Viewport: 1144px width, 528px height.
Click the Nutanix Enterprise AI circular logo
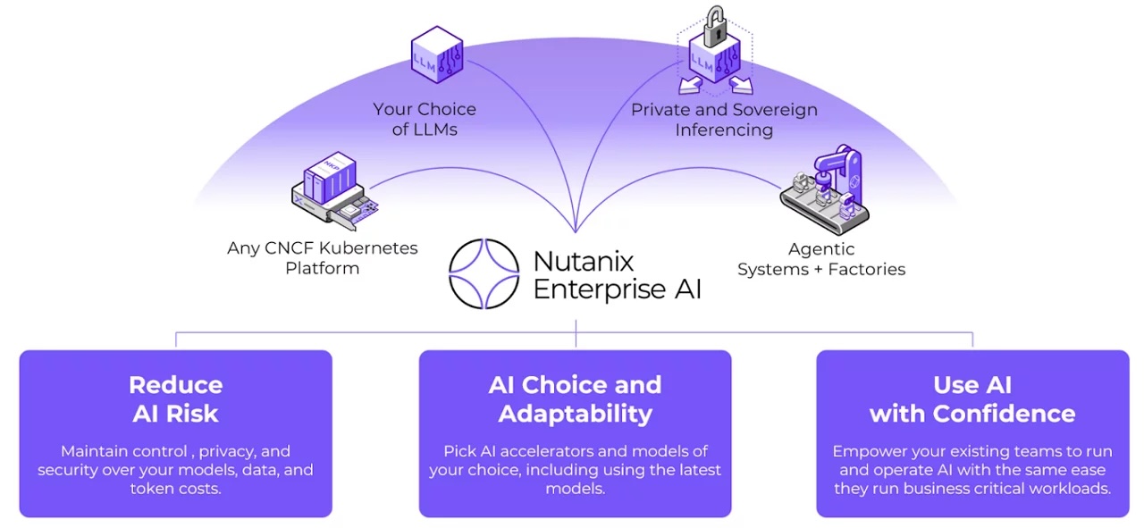click(x=484, y=273)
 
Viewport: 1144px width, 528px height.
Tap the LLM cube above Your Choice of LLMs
click(x=436, y=55)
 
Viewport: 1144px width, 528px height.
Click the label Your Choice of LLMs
click(x=425, y=120)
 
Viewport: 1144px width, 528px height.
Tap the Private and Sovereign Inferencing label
click(x=724, y=120)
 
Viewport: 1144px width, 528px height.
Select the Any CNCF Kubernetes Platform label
click(x=322, y=258)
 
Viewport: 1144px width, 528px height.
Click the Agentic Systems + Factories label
click(x=820, y=259)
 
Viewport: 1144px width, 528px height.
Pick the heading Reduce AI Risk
click(x=175, y=398)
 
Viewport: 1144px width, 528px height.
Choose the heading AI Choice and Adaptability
click(x=575, y=398)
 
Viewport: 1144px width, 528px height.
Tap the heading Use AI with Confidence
click(x=972, y=398)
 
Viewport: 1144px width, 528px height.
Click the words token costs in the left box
click(x=175, y=489)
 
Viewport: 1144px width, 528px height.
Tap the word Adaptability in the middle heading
click(x=575, y=414)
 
